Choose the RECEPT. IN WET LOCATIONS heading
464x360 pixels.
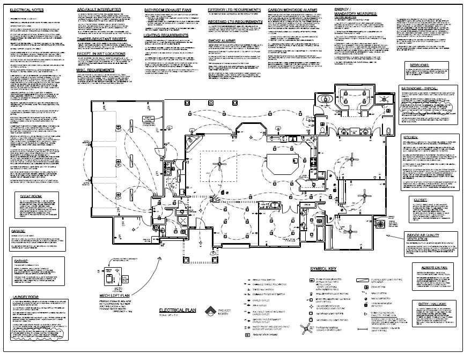[x=101, y=54]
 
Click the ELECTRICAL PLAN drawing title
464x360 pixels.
[x=178, y=311]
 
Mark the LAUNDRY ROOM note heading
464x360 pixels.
[x=26, y=296]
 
